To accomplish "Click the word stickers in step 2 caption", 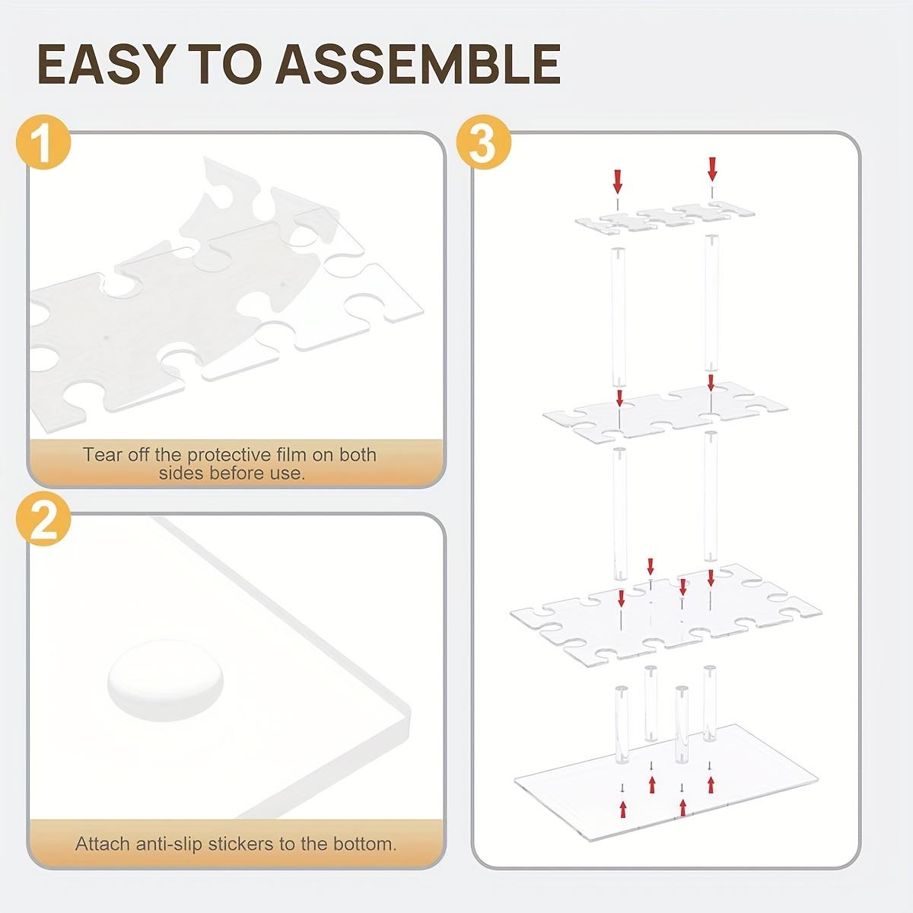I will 246,844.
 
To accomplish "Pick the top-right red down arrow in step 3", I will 712,167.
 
